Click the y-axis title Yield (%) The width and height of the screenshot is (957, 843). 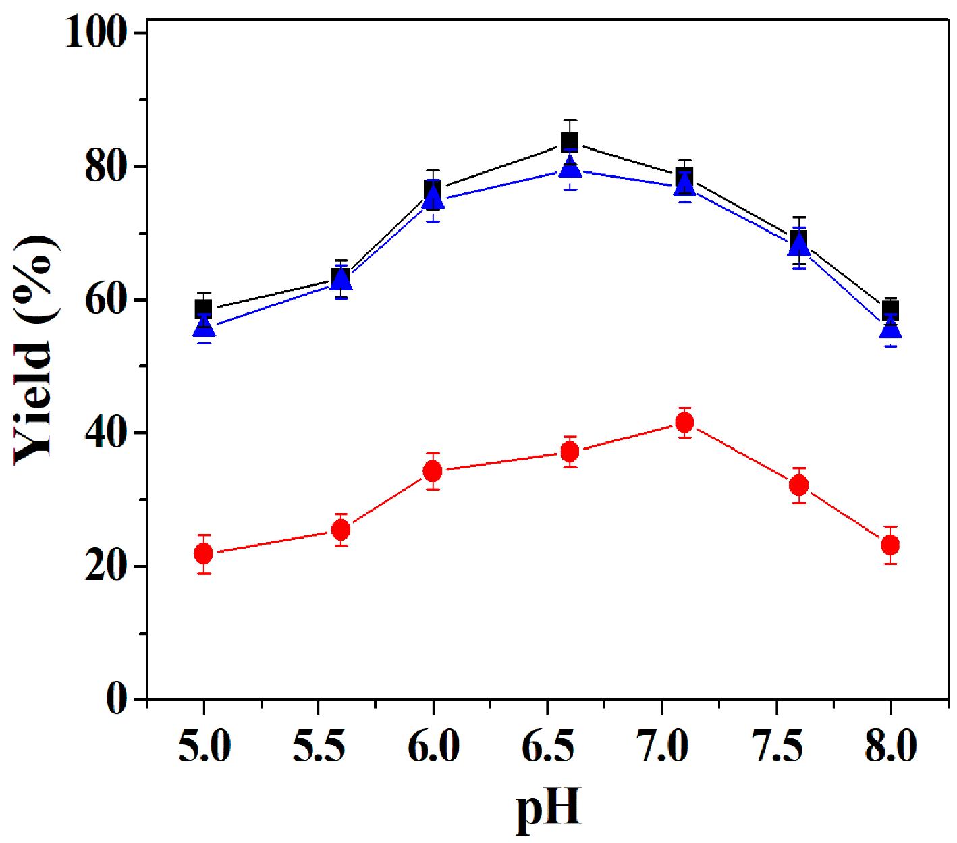(34, 350)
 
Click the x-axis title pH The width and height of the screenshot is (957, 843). (547, 808)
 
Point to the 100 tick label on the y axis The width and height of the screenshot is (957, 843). (96, 32)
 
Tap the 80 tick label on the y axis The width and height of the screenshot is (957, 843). (106, 166)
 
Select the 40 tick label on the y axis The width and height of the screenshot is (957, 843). (106, 432)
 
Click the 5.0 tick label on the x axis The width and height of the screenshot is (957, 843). (204, 746)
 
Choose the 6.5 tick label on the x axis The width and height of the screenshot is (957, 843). (547, 746)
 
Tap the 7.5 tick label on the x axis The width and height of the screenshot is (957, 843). (777, 746)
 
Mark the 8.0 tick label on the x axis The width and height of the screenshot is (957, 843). (890, 746)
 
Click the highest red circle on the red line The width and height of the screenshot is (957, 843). (684, 423)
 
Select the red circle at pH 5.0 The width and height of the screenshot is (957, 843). (204, 553)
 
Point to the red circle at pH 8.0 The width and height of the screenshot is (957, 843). (890, 544)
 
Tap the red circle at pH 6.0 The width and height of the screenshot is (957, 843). (433, 471)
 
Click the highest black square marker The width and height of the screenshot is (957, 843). (570, 142)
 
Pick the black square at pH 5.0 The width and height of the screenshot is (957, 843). (204, 308)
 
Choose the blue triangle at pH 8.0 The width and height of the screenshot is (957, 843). (890, 329)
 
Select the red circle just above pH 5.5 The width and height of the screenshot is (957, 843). (341, 530)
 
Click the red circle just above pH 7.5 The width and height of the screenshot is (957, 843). (798, 485)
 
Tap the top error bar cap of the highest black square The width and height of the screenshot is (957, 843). (570, 120)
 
